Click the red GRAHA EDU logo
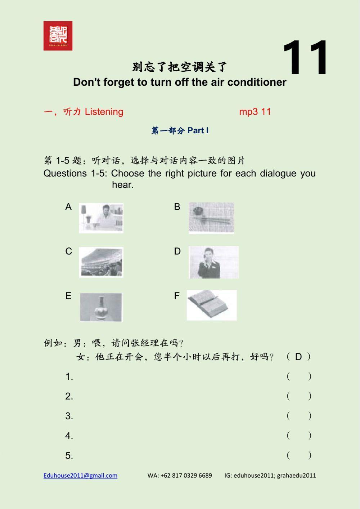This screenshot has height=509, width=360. pos(58,36)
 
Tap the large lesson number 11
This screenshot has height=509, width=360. pos(305,58)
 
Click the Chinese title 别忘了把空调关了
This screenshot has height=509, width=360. pos(180,67)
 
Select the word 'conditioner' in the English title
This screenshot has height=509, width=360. pos(257,82)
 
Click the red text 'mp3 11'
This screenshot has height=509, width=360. pos(255,112)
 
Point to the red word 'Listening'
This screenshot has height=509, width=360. pos(104,112)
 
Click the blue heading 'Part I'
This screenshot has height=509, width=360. pos(198,130)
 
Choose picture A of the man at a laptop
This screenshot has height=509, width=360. pos(101,218)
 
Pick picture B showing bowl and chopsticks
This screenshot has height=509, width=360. pos(211,218)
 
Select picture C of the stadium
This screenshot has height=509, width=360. pos(101,262)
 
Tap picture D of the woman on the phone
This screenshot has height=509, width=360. pos(213,262)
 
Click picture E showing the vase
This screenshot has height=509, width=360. pos(101,307)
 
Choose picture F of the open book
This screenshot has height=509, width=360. pos(212,305)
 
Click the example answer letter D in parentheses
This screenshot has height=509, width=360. pos(298,357)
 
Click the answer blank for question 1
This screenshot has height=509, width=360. pos(299,376)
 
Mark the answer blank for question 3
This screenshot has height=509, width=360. pos(299,416)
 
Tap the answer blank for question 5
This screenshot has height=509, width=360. pos(299,455)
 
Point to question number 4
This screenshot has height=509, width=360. pos(69,436)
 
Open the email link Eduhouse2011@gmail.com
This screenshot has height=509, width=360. pos(80,475)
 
